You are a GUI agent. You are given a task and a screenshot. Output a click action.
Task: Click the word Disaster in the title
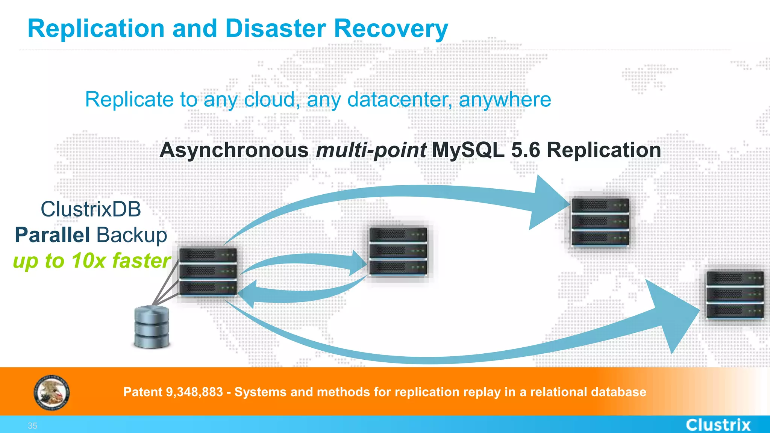click(276, 29)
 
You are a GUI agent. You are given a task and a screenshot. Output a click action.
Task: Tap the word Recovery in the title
click(391, 29)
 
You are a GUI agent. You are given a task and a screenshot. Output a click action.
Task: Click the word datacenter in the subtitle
click(400, 100)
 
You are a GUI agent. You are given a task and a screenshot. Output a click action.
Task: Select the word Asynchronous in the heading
click(234, 150)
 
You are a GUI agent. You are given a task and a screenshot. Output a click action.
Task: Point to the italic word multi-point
click(371, 150)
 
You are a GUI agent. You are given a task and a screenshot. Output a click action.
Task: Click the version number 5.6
click(525, 150)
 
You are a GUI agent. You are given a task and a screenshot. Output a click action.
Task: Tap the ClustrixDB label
click(91, 209)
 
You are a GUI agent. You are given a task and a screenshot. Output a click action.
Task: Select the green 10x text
click(88, 260)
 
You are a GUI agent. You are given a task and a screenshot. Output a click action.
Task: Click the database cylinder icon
click(152, 327)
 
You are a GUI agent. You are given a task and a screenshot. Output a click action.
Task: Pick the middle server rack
click(398, 251)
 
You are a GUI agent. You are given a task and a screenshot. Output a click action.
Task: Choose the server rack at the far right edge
click(734, 295)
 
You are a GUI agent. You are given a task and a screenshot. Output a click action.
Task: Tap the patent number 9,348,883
click(194, 392)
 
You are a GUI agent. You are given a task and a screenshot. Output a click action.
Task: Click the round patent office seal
click(52, 393)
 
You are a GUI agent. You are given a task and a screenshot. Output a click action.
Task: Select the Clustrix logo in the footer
click(718, 425)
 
